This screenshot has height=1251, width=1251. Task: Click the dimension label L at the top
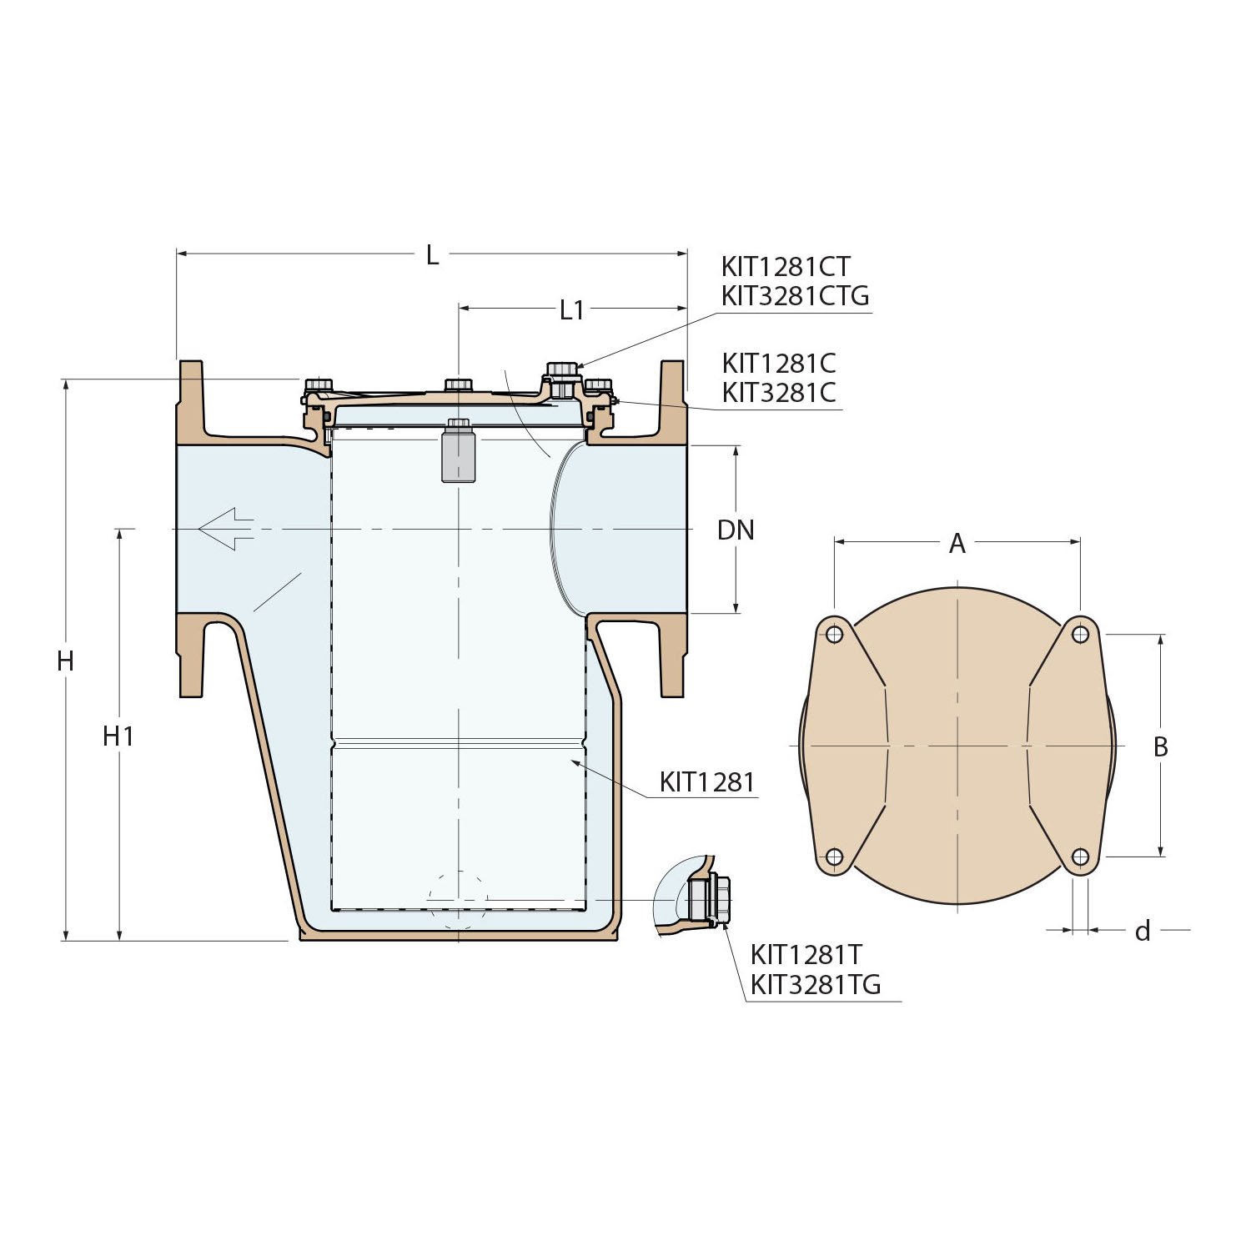[432, 255]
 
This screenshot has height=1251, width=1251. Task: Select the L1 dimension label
[571, 310]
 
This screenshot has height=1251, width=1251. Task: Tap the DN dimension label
[736, 530]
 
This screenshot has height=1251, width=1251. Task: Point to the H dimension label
[65, 661]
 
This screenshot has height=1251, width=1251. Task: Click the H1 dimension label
[118, 736]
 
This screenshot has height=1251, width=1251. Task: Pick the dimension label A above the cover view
[957, 544]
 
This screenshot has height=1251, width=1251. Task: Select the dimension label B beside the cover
[1160, 747]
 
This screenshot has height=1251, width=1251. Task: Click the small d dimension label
[1143, 932]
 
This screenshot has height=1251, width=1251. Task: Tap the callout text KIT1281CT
[786, 267]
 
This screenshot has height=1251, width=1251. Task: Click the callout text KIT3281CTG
[795, 296]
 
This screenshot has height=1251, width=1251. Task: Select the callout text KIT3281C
[779, 393]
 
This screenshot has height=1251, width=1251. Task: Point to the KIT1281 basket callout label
[707, 782]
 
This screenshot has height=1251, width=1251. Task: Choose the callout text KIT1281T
[806, 955]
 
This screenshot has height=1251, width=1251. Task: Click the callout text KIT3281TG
[815, 985]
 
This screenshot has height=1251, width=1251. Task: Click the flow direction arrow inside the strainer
[226, 529]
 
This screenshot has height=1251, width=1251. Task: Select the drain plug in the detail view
[711, 898]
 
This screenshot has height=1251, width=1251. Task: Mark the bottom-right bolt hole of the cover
[1080, 857]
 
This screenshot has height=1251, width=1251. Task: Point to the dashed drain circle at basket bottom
[457, 901]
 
